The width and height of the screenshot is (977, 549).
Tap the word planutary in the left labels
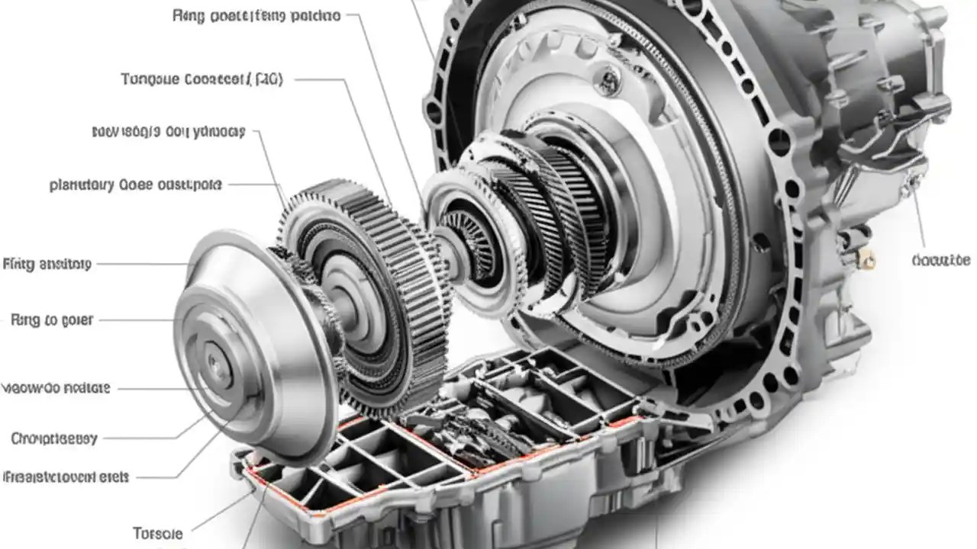[x=82, y=184]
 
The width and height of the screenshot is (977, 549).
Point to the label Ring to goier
[x=52, y=320]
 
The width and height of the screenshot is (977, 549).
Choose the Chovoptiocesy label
[x=54, y=438]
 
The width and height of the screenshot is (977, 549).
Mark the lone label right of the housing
[x=940, y=261]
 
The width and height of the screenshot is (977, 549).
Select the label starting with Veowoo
[x=56, y=387]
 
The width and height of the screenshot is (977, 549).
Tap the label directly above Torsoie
[x=66, y=477]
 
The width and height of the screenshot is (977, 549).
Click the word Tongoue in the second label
[x=150, y=79]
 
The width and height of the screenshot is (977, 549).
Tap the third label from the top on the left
[x=167, y=132]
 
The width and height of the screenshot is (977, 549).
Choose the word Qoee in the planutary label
[x=135, y=184]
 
